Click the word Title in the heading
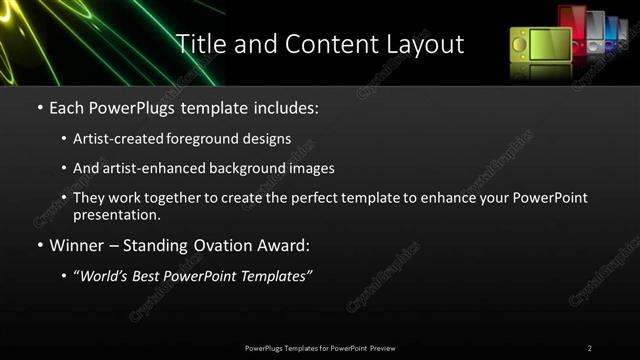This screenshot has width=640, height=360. coord(200,44)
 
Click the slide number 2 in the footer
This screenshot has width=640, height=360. coord(589,348)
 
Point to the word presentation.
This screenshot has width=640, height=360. coord(116,214)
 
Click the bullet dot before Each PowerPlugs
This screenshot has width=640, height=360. coord(38,106)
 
